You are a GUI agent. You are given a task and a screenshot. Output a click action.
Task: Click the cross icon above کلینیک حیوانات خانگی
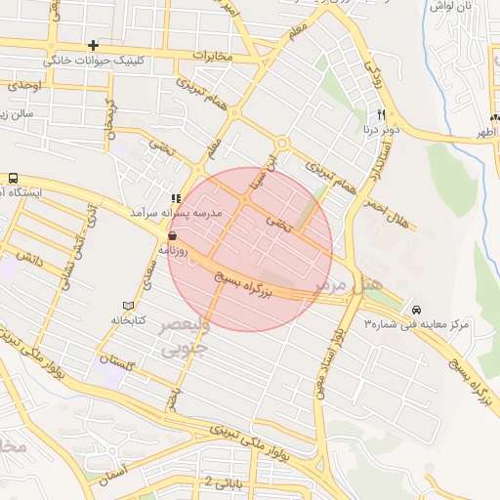[x=93, y=45]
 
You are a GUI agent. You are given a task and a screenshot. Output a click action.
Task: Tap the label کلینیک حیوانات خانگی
[x=93, y=60]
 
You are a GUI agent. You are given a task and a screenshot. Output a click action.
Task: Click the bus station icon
[x=13, y=179]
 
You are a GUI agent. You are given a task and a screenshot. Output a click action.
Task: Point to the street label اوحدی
[x=24, y=86]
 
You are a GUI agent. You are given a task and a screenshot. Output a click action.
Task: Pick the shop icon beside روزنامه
[x=173, y=235]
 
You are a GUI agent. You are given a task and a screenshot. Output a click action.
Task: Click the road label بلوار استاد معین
[x=339, y=356]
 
